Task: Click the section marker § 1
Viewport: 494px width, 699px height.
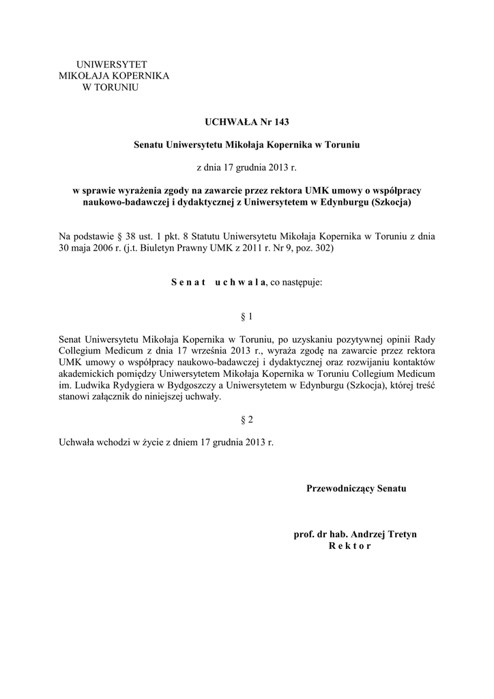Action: coord(247,317)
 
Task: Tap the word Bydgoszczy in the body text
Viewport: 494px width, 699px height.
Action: coord(192,386)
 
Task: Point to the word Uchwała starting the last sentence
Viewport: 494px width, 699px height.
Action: coord(78,442)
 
